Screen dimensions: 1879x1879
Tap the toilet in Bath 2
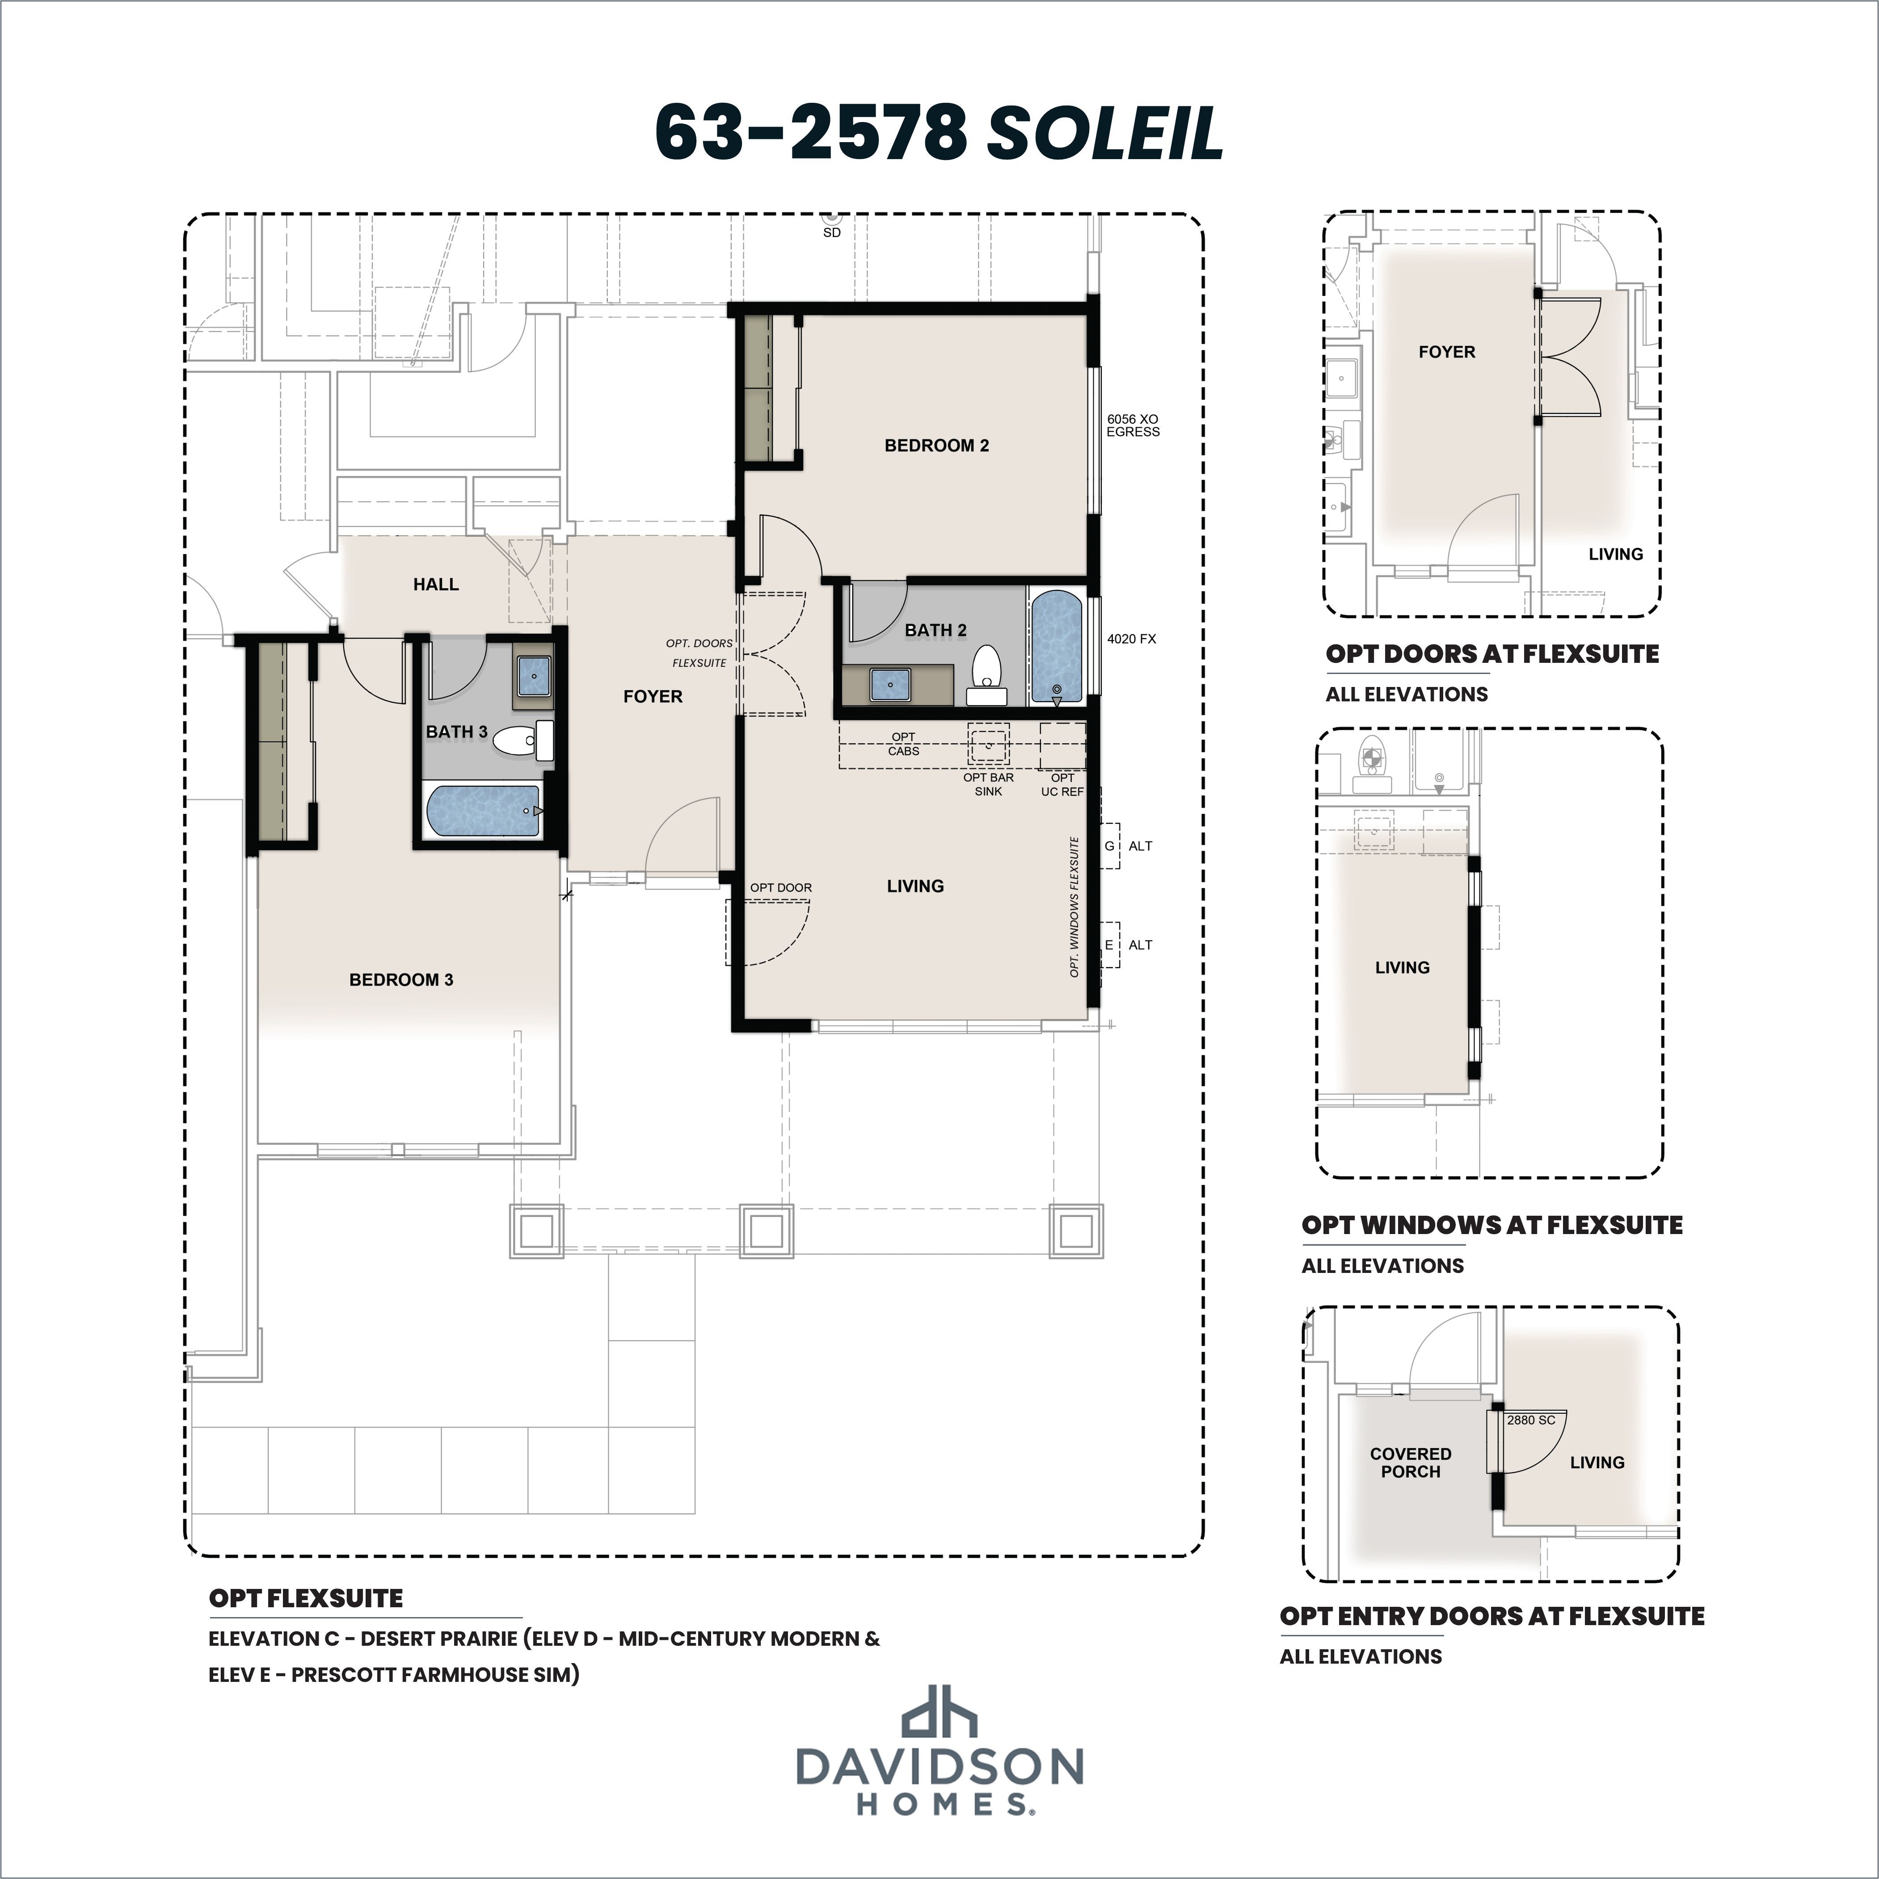(987, 673)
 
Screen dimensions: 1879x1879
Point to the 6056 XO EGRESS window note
(1133, 425)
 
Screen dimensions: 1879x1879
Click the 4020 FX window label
(1131, 639)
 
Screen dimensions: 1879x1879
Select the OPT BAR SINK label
(988, 784)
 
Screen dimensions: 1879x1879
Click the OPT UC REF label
(1062, 784)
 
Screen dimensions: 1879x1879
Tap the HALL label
(436, 584)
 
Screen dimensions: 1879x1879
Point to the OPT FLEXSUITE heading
(305, 1598)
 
